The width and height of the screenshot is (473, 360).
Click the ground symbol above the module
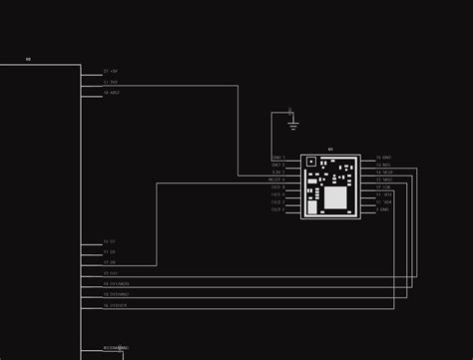pos(292,125)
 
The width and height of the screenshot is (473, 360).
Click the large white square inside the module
pos(335,198)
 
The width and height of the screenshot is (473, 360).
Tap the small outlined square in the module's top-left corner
pos(310,161)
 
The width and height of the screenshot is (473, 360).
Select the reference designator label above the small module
pos(330,149)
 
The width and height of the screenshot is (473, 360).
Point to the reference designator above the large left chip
pos(28,60)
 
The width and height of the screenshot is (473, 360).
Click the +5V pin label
pos(111,72)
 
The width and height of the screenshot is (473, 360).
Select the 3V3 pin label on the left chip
pos(111,82)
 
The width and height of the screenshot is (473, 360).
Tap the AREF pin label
pos(112,92)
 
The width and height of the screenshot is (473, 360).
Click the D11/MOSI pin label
pos(117,283)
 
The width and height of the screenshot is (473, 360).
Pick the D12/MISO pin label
pos(117,294)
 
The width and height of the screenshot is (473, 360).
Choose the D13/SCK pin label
pos(116,305)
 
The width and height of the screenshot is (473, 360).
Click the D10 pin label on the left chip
pos(111,272)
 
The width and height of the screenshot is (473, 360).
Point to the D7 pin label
pos(110,242)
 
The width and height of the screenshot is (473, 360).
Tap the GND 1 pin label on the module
pos(278,158)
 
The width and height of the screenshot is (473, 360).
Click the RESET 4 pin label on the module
pos(278,180)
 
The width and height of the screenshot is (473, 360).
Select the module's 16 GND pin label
pos(384,158)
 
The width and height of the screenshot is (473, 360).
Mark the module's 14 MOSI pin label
pos(384,172)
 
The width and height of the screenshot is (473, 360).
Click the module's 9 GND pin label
pos(383,209)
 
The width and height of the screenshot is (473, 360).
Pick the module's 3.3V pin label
pos(278,172)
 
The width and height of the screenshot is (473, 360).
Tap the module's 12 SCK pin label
pos(384,186)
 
